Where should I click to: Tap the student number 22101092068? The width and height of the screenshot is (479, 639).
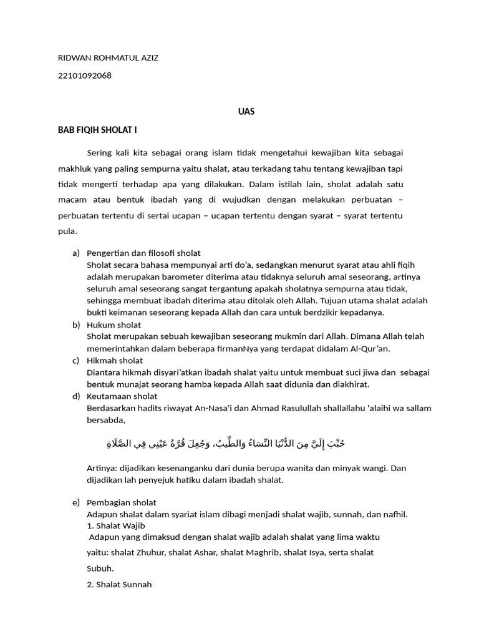[85, 76]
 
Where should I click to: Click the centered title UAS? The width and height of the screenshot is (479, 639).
[246, 112]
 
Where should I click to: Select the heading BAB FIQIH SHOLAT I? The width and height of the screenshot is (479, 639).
[97, 130]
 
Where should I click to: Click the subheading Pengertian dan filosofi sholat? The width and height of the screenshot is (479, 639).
[143, 253]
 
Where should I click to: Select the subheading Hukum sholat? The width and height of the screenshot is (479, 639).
[114, 324]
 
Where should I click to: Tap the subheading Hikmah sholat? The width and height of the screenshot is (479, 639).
[115, 360]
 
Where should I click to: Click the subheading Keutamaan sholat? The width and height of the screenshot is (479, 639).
[122, 396]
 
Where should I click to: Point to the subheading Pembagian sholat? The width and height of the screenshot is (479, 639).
[122, 502]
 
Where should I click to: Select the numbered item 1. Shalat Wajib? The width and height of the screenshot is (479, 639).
[116, 525]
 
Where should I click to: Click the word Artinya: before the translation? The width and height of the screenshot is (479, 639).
[103, 467]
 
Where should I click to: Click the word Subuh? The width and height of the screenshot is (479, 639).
[100, 568]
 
